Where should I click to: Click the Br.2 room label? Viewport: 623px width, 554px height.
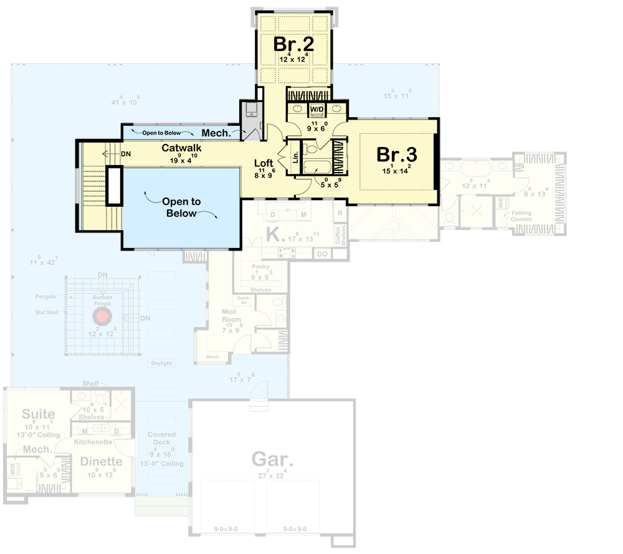(x=293, y=45)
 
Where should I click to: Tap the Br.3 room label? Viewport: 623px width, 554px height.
(x=396, y=154)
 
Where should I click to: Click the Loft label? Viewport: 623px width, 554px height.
(x=264, y=164)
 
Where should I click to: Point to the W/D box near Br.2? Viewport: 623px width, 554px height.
(x=317, y=109)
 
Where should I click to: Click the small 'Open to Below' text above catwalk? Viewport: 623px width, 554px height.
(x=161, y=133)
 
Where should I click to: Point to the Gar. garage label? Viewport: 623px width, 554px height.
(x=272, y=460)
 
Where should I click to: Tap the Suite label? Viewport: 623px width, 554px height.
(x=39, y=414)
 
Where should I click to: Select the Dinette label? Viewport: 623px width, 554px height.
(x=100, y=462)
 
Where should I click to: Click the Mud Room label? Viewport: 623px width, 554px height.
(x=232, y=315)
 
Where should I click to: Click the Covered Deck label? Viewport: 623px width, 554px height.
(x=162, y=438)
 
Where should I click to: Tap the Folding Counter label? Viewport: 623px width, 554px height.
(x=521, y=216)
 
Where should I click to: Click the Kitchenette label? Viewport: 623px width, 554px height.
(x=93, y=442)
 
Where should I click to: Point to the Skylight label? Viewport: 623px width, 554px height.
(x=161, y=363)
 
